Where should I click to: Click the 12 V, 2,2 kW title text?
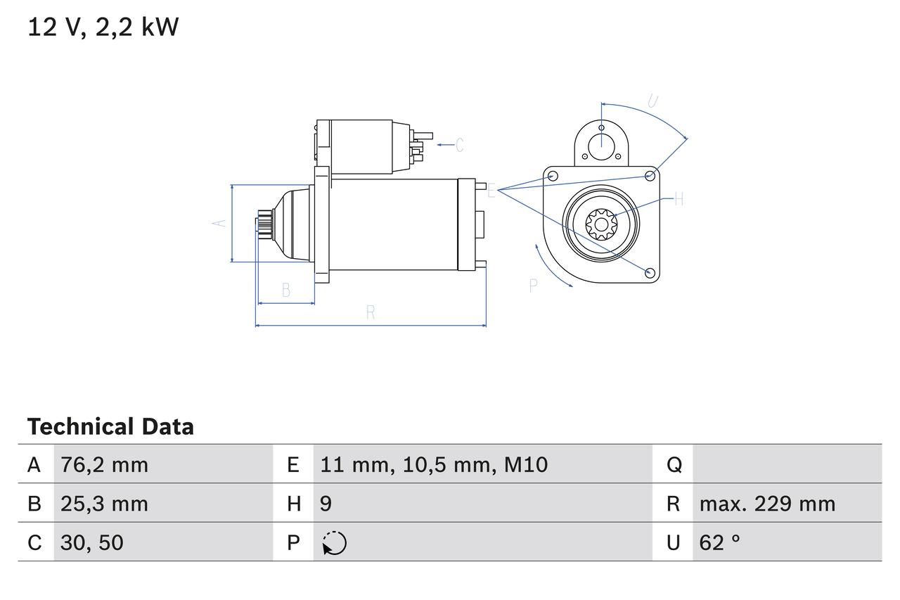103,27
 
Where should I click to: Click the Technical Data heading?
110,426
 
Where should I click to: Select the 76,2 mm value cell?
104,464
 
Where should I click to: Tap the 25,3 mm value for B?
104,504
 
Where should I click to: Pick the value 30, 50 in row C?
92,542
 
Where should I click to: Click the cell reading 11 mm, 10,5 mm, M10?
434,464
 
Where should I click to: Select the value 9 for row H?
326,504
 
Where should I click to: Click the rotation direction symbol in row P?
334,543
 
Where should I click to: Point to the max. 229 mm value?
767,504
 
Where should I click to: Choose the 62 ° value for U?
720,542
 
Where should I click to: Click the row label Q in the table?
674,464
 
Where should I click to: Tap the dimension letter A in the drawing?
219,223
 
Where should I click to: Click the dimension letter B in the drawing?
286,290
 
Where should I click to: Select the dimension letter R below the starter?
371,313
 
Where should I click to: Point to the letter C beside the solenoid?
459,145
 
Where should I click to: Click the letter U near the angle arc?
652,101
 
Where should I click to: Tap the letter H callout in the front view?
679,200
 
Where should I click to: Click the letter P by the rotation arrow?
534,285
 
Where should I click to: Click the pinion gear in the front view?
601,225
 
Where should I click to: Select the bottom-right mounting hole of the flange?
650,272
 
